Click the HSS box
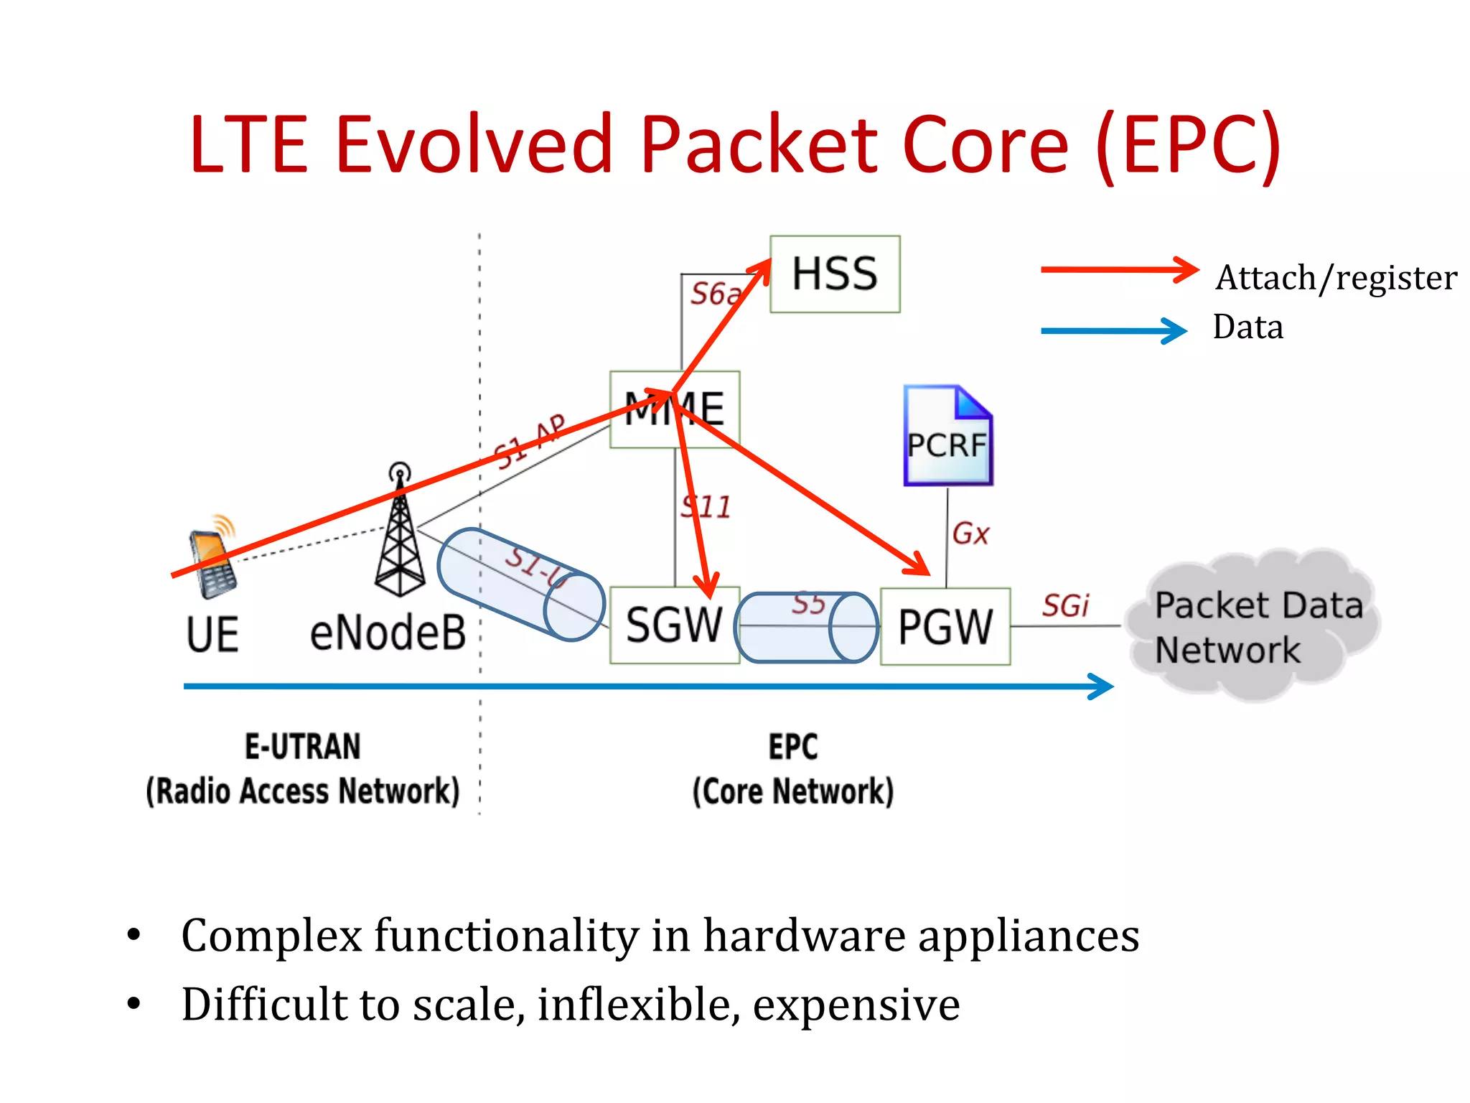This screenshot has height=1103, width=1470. coord(834,274)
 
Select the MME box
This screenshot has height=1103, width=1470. coord(674,409)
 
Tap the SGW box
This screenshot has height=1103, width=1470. coord(674,625)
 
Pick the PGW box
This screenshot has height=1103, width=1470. coord(945,626)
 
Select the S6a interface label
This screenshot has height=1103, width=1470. coord(714,294)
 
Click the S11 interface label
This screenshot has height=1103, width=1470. coord(706,507)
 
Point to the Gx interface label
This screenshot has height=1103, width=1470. coord(970,534)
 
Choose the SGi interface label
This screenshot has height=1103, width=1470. coord(1065,605)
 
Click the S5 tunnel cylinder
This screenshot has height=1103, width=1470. coord(807,627)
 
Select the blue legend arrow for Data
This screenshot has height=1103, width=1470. coord(1113,330)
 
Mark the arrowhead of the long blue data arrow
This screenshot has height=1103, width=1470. coord(1102,687)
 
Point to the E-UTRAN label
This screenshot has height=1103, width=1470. coord(302,746)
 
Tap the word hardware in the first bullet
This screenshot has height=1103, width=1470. coord(803,936)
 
